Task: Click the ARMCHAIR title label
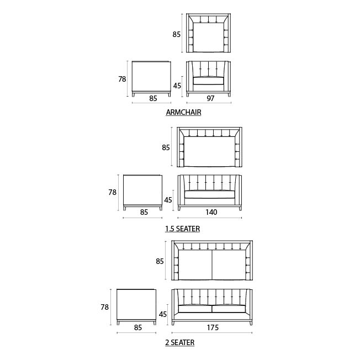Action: click(183, 112)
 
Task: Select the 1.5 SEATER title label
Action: click(183, 229)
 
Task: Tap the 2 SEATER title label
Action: click(180, 342)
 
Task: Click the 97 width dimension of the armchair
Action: click(210, 98)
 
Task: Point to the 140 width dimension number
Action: click(211, 212)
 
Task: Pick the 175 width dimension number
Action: click(213, 327)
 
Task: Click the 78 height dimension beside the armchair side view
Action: click(122, 79)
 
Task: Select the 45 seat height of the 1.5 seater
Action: click(168, 200)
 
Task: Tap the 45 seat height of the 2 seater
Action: click(163, 314)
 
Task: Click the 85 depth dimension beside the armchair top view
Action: click(177, 34)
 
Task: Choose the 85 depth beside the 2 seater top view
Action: click(160, 261)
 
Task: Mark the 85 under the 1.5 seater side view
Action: click(144, 212)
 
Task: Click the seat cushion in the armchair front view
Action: click(209, 81)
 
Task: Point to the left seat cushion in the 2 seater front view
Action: click(195, 309)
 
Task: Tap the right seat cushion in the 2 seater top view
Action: click(229, 264)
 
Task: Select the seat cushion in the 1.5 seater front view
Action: click(210, 194)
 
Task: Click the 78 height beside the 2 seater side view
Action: click(105, 307)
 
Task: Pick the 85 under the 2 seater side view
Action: click(137, 327)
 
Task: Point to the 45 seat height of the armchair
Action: click(177, 86)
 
